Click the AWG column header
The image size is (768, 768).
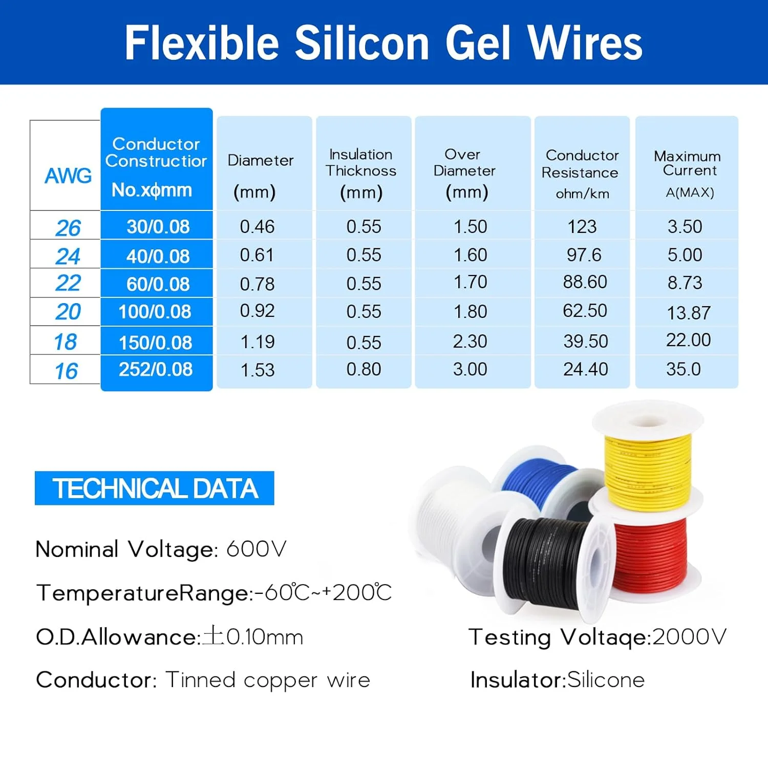68,176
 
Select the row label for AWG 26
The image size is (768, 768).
68,228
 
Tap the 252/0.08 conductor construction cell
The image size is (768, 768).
156,369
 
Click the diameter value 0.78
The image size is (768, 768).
257,284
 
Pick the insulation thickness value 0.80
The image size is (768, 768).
364,369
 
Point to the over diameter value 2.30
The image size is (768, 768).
470,342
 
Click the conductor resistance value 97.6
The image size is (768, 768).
584,255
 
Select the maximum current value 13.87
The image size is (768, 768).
688,312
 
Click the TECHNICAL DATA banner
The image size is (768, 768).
155,488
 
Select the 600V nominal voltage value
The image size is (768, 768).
256,549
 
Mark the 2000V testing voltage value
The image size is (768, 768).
689,637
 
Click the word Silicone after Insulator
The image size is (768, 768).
606,680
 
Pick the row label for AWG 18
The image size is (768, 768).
66,342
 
